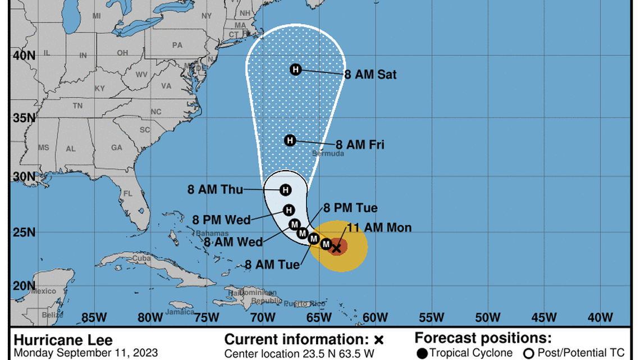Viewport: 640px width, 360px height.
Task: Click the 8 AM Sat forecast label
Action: (371, 74)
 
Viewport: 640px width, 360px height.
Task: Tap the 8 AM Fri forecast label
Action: (360, 144)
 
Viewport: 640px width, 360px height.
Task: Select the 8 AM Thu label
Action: (215, 190)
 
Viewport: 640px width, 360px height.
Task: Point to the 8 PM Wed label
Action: (221, 220)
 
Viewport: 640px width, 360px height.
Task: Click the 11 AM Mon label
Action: (379, 227)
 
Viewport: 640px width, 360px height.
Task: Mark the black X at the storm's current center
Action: (336, 248)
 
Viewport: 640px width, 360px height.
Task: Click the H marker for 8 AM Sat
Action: (296, 70)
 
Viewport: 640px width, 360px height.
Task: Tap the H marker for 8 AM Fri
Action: (290, 140)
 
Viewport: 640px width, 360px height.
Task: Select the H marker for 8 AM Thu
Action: (285, 190)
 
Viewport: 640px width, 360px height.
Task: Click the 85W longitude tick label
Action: (94, 317)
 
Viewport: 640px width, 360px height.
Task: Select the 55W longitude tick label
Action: (432, 317)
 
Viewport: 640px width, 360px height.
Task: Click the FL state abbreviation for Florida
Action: (127, 193)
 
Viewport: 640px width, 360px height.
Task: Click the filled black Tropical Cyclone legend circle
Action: (422, 353)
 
